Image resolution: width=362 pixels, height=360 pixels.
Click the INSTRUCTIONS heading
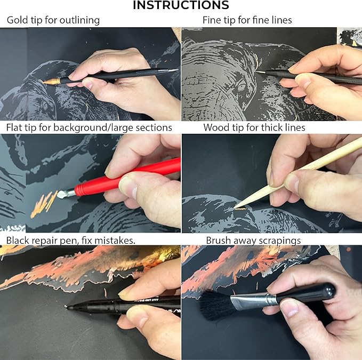181,5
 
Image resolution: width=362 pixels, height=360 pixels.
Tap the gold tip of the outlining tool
49,81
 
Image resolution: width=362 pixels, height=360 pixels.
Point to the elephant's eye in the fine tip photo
240,86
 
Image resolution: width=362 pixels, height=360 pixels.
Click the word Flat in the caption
16,127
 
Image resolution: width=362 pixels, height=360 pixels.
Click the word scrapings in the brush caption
280,241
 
